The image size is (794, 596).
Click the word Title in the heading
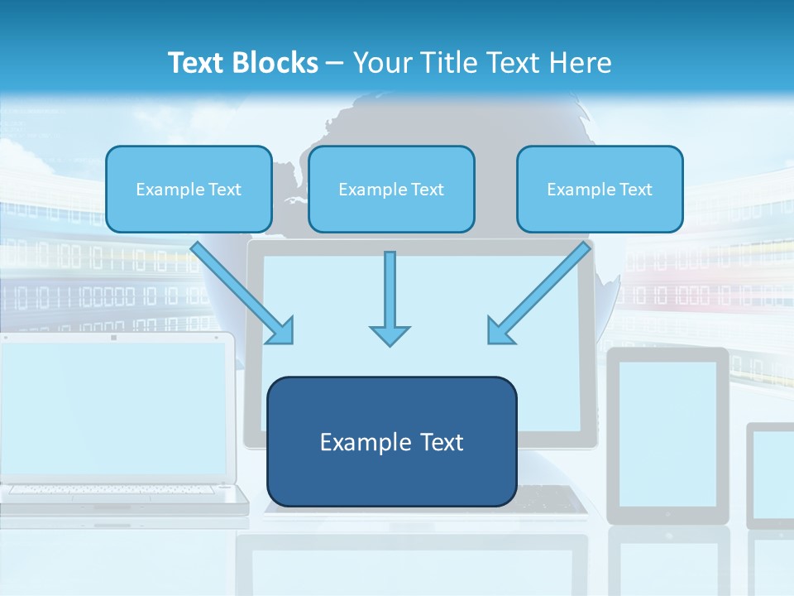pyautogui.click(x=445, y=63)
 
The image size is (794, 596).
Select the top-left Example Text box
pyautogui.click(x=189, y=189)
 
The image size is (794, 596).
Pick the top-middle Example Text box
pyautogui.click(x=391, y=189)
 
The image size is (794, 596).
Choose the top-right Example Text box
pyautogui.click(x=600, y=189)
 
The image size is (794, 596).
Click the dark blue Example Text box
pyautogui.click(x=391, y=441)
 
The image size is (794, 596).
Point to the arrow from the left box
pyautogui.click(x=243, y=293)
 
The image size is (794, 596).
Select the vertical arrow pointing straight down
pyautogui.click(x=390, y=298)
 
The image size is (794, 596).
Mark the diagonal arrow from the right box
pyautogui.click(x=538, y=293)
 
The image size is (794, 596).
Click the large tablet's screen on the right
pyautogui.click(x=667, y=434)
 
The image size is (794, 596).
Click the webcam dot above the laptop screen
pyautogui.click(x=113, y=337)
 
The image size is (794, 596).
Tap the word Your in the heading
pyautogui.click(x=384, y=63)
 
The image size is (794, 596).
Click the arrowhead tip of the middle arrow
pyautogui.click(x=390, y=343)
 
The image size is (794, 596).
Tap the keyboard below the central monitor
pyautogui.click(x=550, y=498)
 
